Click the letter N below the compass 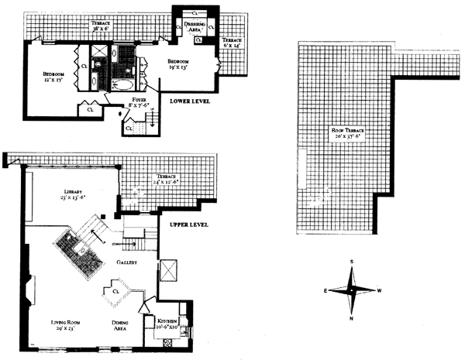point(352,318)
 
